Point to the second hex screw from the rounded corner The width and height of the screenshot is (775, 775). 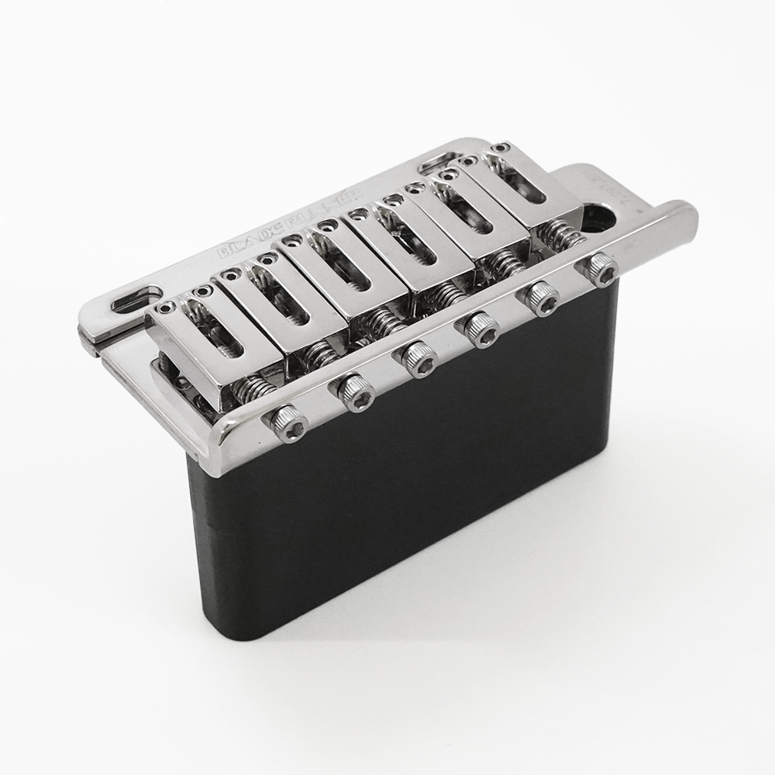[x=356, y=392]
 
